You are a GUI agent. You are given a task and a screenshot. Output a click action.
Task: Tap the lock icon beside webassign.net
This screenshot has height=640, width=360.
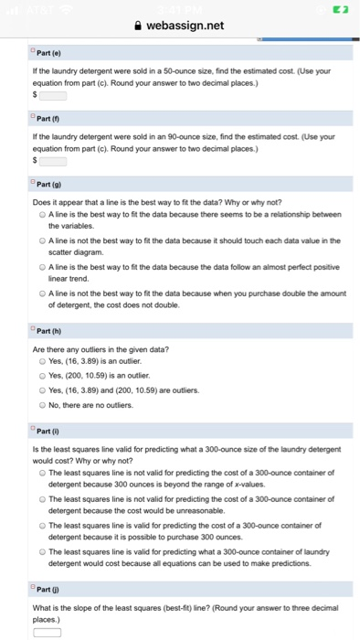pos(137,26)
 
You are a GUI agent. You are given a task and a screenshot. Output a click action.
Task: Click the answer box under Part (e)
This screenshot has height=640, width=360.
pos(52,95)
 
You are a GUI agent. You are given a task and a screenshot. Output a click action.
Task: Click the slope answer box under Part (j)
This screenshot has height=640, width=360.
pos(48,631)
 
